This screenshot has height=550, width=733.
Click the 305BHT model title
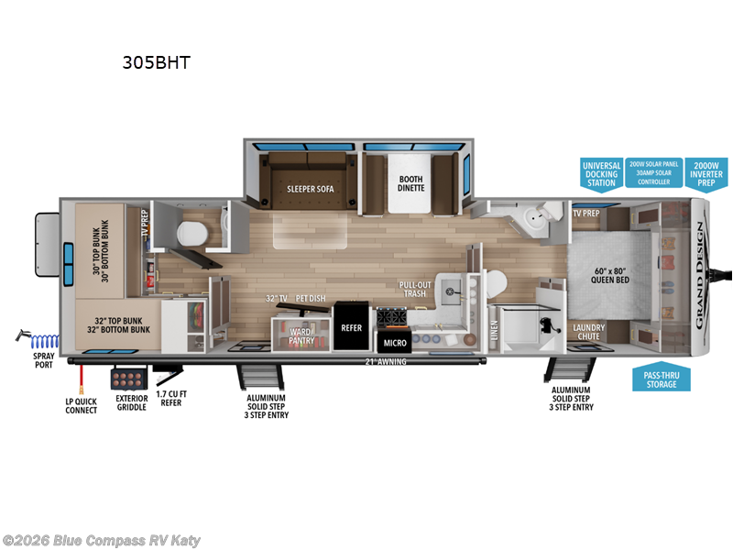point(156,63)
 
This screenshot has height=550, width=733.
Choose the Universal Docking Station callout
point(601,173)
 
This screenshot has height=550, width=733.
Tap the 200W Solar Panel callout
point(654,172)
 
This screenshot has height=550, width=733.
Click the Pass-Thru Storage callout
point(662,379)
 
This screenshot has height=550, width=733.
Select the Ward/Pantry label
point(301,335)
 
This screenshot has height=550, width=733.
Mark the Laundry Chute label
point(587,331)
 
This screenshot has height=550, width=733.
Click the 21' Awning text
point(385,361)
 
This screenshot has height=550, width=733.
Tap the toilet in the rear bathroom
point(188,231)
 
